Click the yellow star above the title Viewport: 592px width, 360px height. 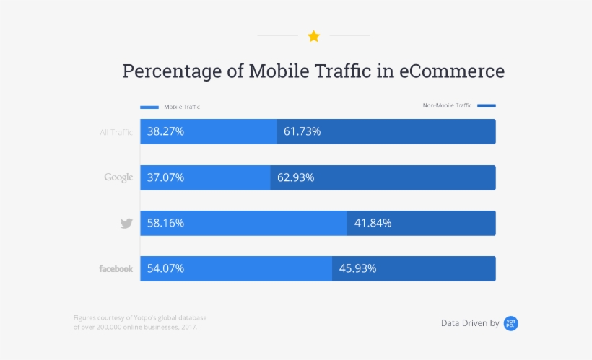coord(313,36)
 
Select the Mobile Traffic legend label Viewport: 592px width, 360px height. coord(181,107)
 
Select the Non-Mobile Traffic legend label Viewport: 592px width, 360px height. coord(447,105)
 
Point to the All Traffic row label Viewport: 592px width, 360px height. coord(116,132)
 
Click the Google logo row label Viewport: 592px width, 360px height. coord(118,177)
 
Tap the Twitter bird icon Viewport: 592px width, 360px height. coord(126,224)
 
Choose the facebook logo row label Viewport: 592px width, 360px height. coord(116,268)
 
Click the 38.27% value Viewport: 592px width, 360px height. coord(165,132)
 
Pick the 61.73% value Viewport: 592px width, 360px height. coord(302,132)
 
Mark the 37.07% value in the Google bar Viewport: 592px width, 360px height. coord(165,177)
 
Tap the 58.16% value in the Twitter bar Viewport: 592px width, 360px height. coord(165,223)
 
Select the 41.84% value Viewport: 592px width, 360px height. coord(373,223)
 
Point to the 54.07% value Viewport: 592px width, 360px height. coord(165,268)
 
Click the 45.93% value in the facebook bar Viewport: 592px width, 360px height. coord(357,268)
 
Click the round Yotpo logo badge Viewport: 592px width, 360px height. coord(511,323)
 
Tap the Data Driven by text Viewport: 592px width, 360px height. coord(470,323)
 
